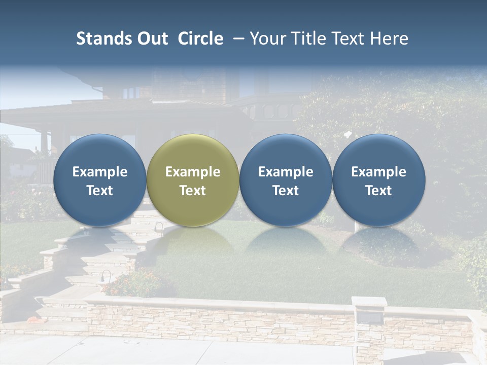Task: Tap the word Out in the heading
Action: pyautogui.click(x=151, y=39)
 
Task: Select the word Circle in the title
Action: pyautogui.click(x=200, y=39)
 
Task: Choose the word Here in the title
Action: pyautogui.click(x=390, y=39)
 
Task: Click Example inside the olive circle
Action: pyautogui.click(x=193, y=172)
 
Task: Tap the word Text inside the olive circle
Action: pyautogui.click(x=193, y=191)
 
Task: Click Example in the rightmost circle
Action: pyautogui.click(x=378, y=172)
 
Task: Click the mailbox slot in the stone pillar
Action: pyautogui.click(x=370, y=317)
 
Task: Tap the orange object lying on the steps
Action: pyautogui.click(x=33, y=320)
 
